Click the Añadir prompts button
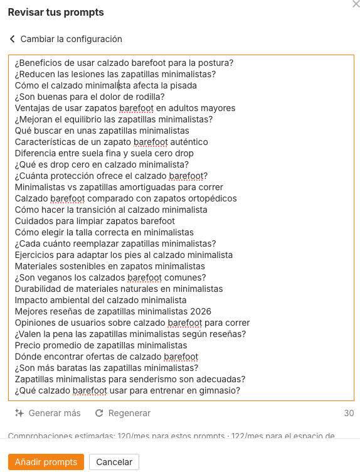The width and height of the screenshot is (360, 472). pos(46,462)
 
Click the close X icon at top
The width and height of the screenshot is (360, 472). pos(356,4)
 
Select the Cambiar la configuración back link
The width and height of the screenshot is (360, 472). pos(71,39)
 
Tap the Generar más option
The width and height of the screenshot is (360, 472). pos(55,413)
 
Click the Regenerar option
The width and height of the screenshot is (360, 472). pos(129,413)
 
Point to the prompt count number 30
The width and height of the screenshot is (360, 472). pos(349,413)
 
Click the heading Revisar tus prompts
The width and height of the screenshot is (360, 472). pos(56,13)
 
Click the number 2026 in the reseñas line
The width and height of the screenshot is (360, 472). pos(199,311)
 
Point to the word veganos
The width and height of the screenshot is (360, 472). pos(52,277)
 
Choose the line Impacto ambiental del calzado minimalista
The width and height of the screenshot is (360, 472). pos(101,300)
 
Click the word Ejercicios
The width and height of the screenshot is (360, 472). pos(35,255)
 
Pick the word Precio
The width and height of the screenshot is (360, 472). pos(28,345)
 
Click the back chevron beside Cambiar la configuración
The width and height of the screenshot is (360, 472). pos(12,39)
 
